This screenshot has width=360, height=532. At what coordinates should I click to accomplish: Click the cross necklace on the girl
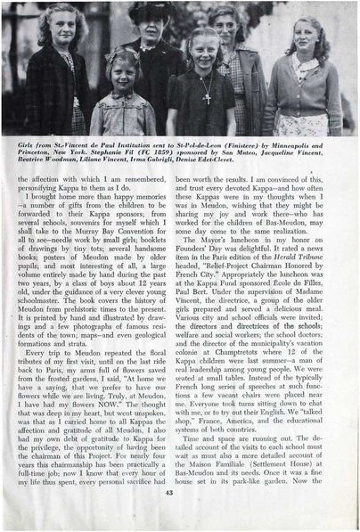coord(206,91)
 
